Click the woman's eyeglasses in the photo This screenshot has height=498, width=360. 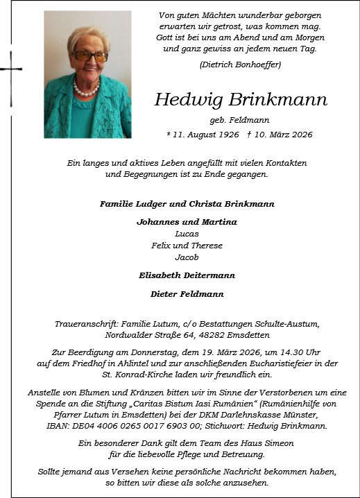(x=89, y=55)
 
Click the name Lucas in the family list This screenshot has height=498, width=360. (x=187, y=234)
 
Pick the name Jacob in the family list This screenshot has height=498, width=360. (x=187, y=257)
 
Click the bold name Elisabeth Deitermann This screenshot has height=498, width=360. (x=187, y=275)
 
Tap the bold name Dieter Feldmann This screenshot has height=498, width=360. (x=187, y=294)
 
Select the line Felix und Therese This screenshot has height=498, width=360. (x=187, y=246)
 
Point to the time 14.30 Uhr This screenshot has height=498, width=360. (x=306, y=352)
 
